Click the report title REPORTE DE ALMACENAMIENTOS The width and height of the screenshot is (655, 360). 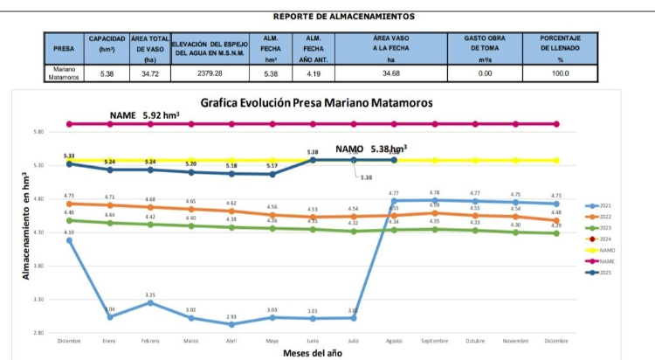coord(343,16)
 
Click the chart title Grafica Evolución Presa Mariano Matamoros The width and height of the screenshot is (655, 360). coord(316,102)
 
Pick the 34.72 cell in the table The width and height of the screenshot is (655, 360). coord(149,74)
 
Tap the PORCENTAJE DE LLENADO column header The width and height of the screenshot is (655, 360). coord(561,48)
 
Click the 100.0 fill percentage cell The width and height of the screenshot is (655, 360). coord(561,74)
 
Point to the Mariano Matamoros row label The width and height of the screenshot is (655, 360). coord(65,73)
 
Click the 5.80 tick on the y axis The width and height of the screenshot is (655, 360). coord(38,132)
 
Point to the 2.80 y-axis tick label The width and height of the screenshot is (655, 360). coord(38,333)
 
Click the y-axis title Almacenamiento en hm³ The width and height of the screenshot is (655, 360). coord(25,225)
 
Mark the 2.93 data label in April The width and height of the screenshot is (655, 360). coord(231,316)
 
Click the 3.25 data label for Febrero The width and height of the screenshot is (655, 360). coord(150,295)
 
